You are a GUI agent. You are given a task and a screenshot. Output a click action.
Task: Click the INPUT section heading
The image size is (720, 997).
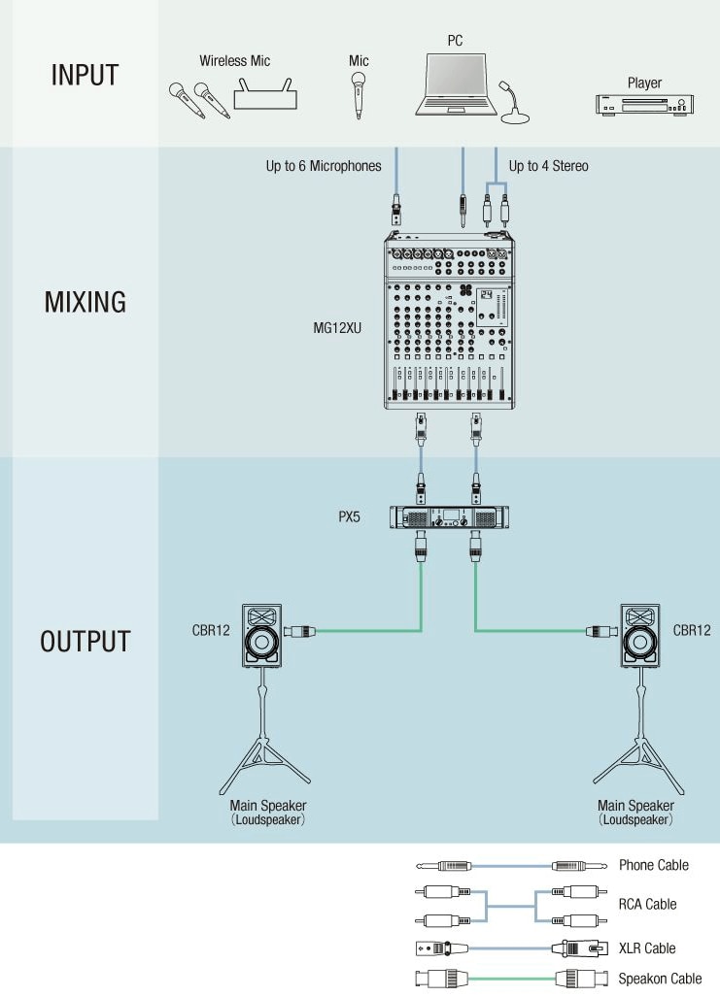pyautogui.click(x=85, y=75)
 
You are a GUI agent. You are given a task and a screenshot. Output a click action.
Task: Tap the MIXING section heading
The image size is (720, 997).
pyautogui.click(x=86, y=302)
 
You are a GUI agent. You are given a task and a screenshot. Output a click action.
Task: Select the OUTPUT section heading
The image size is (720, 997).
pyautogui.click(x=86, y=642)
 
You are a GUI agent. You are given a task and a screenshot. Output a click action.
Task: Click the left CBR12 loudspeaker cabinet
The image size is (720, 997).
pyautogui.click(x=260, y=637)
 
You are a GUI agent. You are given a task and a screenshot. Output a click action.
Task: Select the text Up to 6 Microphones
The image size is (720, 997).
pyautogui.click(x=324, y=166)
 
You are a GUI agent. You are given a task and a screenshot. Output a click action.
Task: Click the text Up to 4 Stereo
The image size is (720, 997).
pyautogui.click(x=548, y=166)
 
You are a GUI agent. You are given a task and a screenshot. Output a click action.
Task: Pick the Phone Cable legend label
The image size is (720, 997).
pyautogui.click(x=653, y=865)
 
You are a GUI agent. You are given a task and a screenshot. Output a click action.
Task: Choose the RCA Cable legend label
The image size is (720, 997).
pyautogui.click(x=647, y=904)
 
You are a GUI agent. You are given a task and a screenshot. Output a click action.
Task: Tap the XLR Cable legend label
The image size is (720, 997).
pyautogui.click(x=647, y=947)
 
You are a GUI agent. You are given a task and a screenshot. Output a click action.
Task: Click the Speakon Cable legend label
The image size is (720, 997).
pyautogui.click(x=660, y=978)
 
